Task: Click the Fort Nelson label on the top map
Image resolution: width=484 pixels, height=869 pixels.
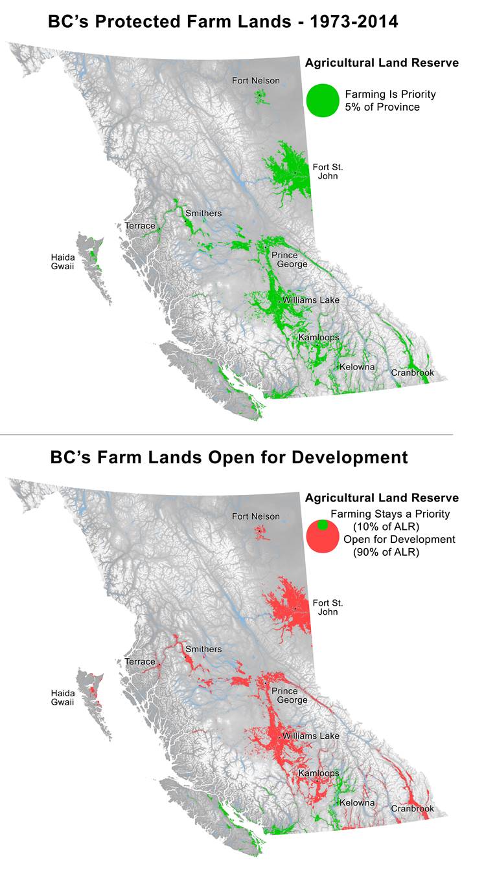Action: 256,81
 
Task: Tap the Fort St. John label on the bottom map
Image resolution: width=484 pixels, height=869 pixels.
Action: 325,607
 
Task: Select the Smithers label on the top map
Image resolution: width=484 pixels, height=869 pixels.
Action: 203,214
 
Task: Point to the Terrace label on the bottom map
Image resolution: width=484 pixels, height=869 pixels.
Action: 140,662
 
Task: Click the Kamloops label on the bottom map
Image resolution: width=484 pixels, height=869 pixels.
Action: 319,774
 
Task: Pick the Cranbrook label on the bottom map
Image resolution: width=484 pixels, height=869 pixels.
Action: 412,809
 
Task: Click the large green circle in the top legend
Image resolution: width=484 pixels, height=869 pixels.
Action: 323,101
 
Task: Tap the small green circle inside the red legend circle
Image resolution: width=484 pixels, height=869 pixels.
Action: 323,525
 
